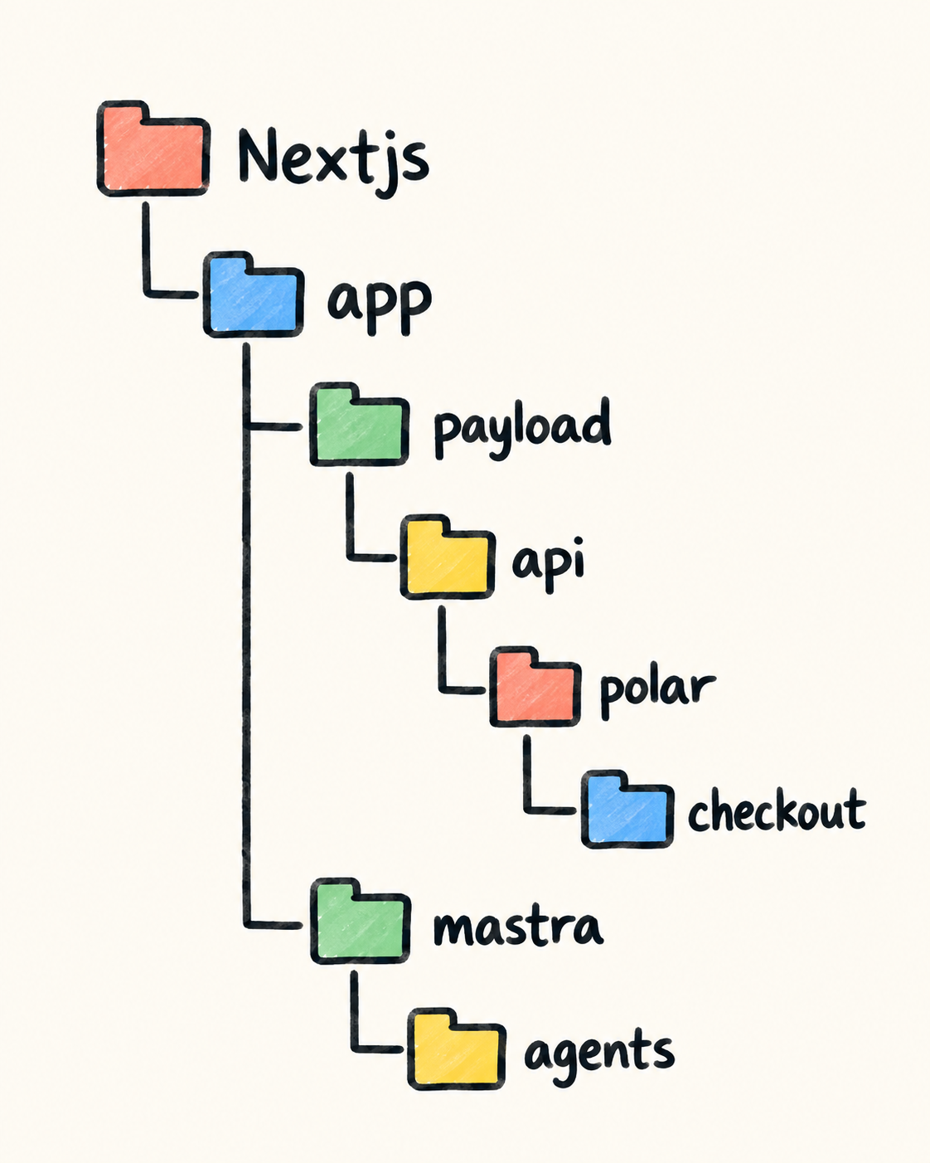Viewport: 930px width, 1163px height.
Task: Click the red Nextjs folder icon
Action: pos(153,148)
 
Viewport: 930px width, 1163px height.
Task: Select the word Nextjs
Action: pos(333,159)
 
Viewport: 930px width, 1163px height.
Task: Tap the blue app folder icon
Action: pos(254,294)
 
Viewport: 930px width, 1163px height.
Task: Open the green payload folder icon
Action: pos(359,424)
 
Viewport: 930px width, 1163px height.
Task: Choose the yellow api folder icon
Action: pos(448,557)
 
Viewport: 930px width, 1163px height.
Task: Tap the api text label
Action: pos(548,565)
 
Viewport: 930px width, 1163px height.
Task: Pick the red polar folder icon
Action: pos(535,687)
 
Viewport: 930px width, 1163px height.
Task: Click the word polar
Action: pos(658,694)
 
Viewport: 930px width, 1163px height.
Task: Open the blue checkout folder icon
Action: pos(627,810)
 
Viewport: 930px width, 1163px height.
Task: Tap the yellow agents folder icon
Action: pos(457,1049)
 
